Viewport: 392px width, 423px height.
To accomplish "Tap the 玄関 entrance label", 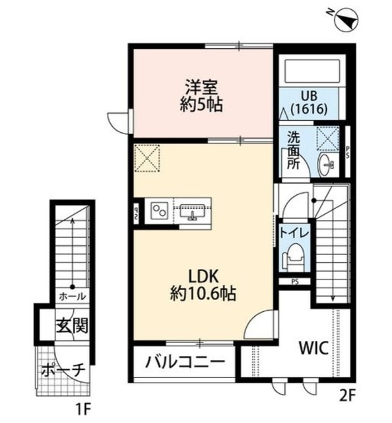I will pos(72,325).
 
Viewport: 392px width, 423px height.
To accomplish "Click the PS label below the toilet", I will pos(294,281).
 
